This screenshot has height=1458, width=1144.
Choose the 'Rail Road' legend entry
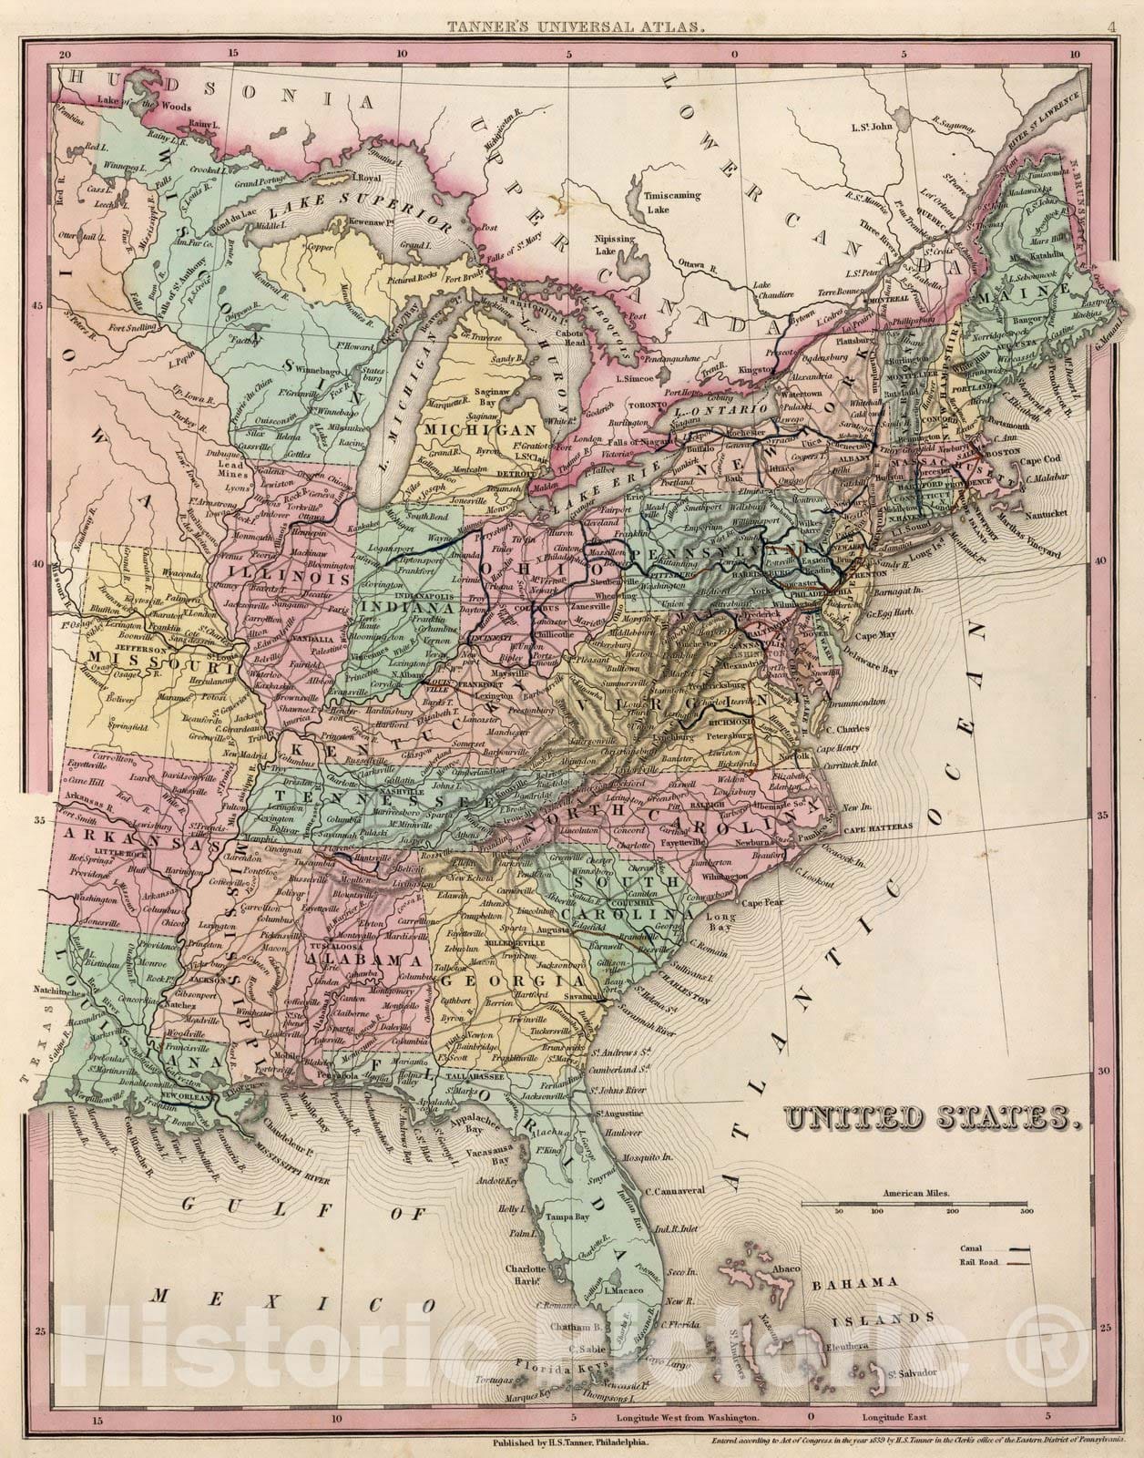[978, 1262]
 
